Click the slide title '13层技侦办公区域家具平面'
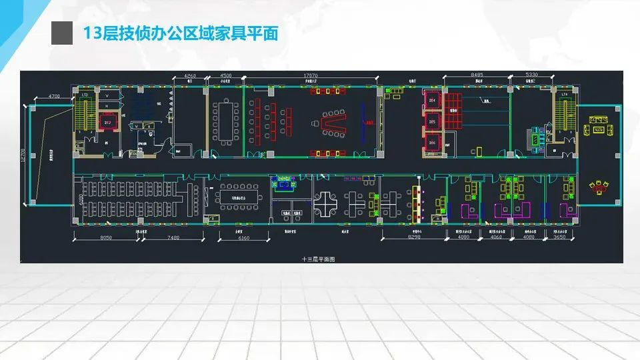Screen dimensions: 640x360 pyautogui.click(x=179, y=33)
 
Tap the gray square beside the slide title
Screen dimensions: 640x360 pyautogui.click(x=61, y=33)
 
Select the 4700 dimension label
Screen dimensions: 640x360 pyautogui.click(x=54, y=97)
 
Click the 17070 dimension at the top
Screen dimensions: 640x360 pyautogui.click(x=310, y=75)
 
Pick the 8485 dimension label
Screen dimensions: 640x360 pyautogui.click(x=477, y=75)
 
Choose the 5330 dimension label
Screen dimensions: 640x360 pyautogui.click(x=531, y=75)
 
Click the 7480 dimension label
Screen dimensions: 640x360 pyautogui.click(x=174, y=237)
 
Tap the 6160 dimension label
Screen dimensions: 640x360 pyautogui.click(x=244, y=237)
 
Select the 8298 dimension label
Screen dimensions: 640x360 pyautogui.click(x=415, y=237)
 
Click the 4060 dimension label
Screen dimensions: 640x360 pyautogui.click(x=495, y=237)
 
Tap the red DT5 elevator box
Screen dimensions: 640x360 pyautogui.click(x=432, y=123)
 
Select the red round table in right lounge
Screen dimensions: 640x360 pyautogui.click(x=597, y=187)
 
